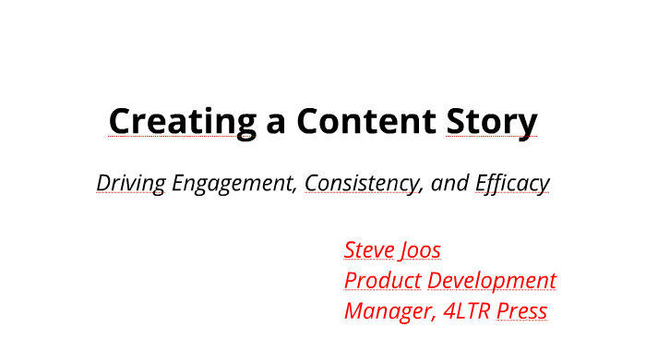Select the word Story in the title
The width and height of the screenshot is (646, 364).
tap(491, 121)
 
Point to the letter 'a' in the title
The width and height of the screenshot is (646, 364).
tap(275, 123)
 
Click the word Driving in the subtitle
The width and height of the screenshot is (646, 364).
tap(131, 183)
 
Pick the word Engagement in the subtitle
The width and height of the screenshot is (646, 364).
tap(234, 183)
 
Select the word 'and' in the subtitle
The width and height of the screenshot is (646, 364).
tap(450, 183)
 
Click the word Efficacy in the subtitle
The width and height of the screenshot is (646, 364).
tap(512, 183)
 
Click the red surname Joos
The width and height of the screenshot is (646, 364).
tap(420, 249)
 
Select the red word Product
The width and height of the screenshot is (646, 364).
tap(382, 280)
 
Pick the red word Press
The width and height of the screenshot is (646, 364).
tap(521, 310)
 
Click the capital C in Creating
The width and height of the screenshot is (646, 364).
tap(120, 121)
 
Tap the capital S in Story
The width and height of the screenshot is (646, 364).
tap(456, 121)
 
